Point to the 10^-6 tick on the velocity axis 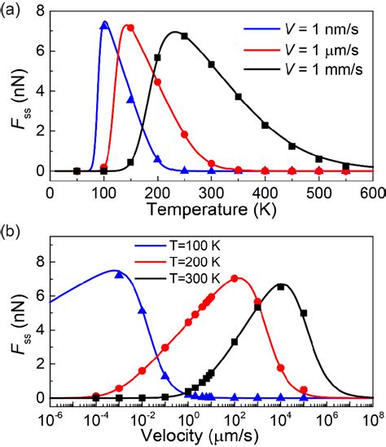click(x=50, y=417)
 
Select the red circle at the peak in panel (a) click(x=130, y=28)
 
